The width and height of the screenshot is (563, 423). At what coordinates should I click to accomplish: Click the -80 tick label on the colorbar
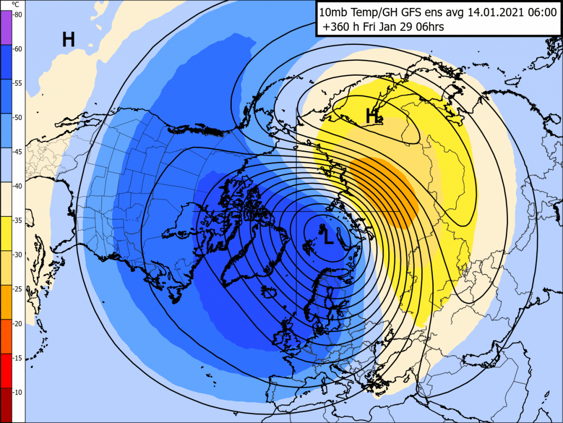pyautogui.click(x=17, y=14)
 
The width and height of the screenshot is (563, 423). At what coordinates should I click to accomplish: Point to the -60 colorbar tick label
pyautogui.click(x=17, y=49)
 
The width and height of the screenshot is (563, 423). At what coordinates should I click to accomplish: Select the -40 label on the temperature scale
pyautogui.click(x=17, y=186)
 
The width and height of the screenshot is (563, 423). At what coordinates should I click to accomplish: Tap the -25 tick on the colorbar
pyautogui.click(x=17, y=289)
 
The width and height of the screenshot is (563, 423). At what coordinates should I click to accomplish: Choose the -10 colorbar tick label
pyautogui.click(x=17, y=392)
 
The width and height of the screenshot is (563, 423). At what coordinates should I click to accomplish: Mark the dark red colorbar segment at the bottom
pyautogui.click(x=5, y=405)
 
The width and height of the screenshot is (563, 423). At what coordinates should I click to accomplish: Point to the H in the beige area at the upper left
pyautogui.click(x=68, y=39)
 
